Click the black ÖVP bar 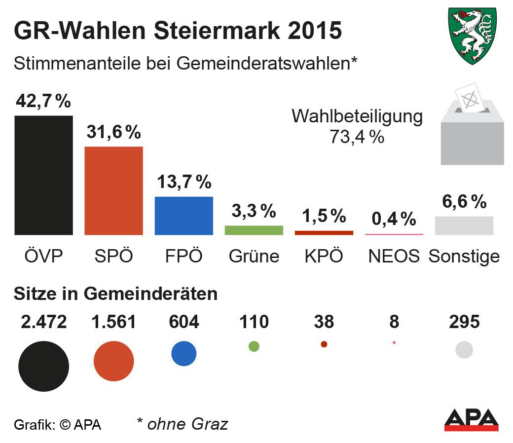click(x=43, y=175)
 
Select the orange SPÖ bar click(x=113, y=190)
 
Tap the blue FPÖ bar click(x=183, y=216)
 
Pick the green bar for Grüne click(x=254, y=230)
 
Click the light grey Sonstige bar click(x=464, y=225)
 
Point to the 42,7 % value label click(x=43, y=101)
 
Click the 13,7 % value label click(x=183, y=182)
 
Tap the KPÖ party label click(x=324, y=256)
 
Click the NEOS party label click(x=394, y=256)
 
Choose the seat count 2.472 click(x=43, y=322)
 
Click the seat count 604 click(x=183, y=322)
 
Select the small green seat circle click(x=254, y=346)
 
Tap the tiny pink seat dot click(x=394, y=342)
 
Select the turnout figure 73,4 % click(x=357, y=137)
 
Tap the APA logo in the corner click(x=471, y=420)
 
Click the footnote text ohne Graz click(x=183, y=424)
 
